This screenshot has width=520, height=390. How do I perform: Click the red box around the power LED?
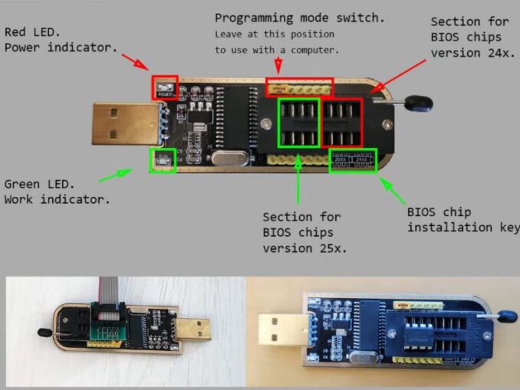point(165,87)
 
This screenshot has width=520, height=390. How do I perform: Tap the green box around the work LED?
point(163,159)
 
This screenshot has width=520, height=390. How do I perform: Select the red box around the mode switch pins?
point(299,87)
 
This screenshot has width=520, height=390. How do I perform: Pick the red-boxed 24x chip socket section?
point(342,123)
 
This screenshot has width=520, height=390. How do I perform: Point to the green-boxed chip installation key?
point(353,161)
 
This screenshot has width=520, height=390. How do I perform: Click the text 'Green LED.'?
point(39,185)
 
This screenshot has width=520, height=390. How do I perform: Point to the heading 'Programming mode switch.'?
point(300,18)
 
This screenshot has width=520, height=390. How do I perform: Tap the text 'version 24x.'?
point(466,53)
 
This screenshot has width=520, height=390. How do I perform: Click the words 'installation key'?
point(463,228)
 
